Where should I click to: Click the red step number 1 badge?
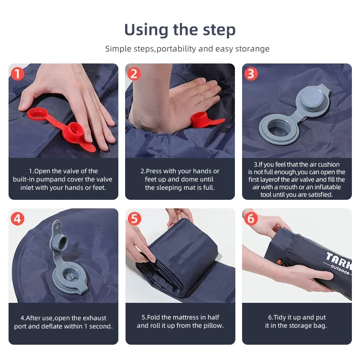point(17,73)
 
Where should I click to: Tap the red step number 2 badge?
point(134,73)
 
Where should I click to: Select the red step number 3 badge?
point(251,73)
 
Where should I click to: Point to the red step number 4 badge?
point(17,219)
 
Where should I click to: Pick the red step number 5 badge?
point(134,219)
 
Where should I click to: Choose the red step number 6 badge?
point(251,219)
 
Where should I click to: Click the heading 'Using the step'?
point(180,30)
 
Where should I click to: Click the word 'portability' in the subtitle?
point(176,49)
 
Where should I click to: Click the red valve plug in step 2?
point(200,120)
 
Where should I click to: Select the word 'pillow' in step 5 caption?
point(211,325)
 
